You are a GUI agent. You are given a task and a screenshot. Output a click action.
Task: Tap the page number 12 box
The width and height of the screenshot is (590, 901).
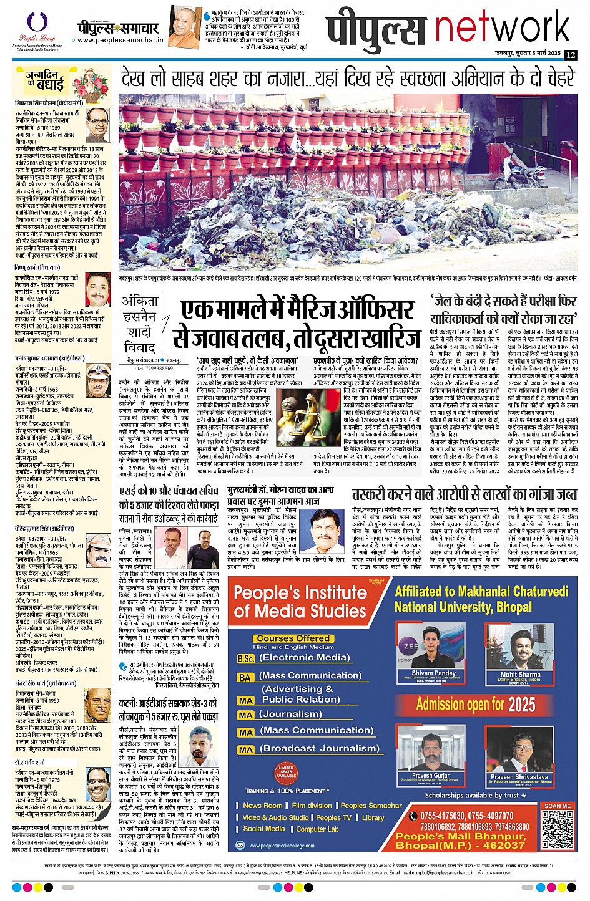pos(570,55)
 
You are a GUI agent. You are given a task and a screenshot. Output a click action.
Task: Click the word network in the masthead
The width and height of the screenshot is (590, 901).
pos(503,28)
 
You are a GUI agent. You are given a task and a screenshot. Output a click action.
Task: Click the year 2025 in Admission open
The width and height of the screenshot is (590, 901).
pos(521,705)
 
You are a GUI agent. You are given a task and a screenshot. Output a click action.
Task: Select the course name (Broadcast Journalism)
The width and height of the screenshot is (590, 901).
pos(320,748)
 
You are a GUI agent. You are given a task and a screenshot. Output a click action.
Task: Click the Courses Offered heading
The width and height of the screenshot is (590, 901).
pos(293,638)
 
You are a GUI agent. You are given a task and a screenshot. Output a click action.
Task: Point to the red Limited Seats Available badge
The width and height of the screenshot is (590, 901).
pos(286,772)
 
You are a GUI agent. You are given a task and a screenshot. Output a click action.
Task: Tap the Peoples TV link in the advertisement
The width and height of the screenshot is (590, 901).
pos(333,817)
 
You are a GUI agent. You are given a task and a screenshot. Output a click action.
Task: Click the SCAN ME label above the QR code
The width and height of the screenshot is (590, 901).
pos(557,806)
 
